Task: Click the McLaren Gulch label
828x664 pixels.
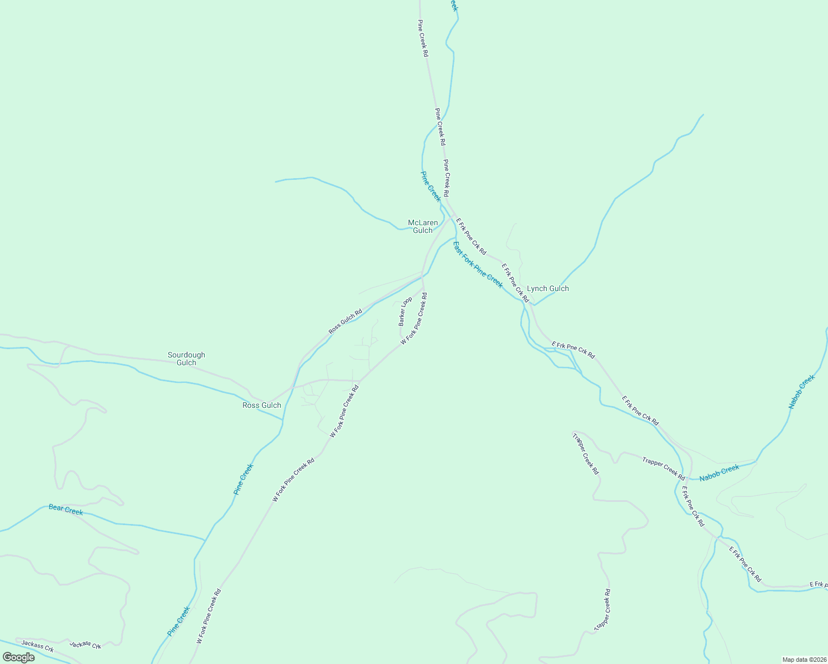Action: [x=423, y=226]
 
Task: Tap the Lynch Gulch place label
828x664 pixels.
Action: [x=547, y=288]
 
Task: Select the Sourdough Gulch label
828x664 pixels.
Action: [x=187, y=359]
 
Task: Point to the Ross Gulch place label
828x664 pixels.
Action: [x=262, y=405]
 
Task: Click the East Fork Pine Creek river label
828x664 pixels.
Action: [x=478, y=264]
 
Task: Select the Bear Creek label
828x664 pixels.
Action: [x=66, y=510]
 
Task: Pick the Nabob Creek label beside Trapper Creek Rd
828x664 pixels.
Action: [x=719, y=473]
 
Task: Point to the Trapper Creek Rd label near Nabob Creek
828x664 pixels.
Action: [x=664, y=468]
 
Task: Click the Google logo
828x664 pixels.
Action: [x=18, y=657]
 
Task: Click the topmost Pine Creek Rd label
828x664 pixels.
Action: [x=423, y=39]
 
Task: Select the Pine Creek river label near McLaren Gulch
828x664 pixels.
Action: [x=431, y=186]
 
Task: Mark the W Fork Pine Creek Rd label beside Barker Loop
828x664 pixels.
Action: [x=414, y=319]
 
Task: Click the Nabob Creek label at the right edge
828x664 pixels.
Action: [x=801, y=392]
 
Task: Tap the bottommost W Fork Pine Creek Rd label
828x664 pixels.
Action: [x=209, y=616]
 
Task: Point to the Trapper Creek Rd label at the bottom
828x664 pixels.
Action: [x=602, y=610]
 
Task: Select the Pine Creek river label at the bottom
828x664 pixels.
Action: [x=179, y=621]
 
